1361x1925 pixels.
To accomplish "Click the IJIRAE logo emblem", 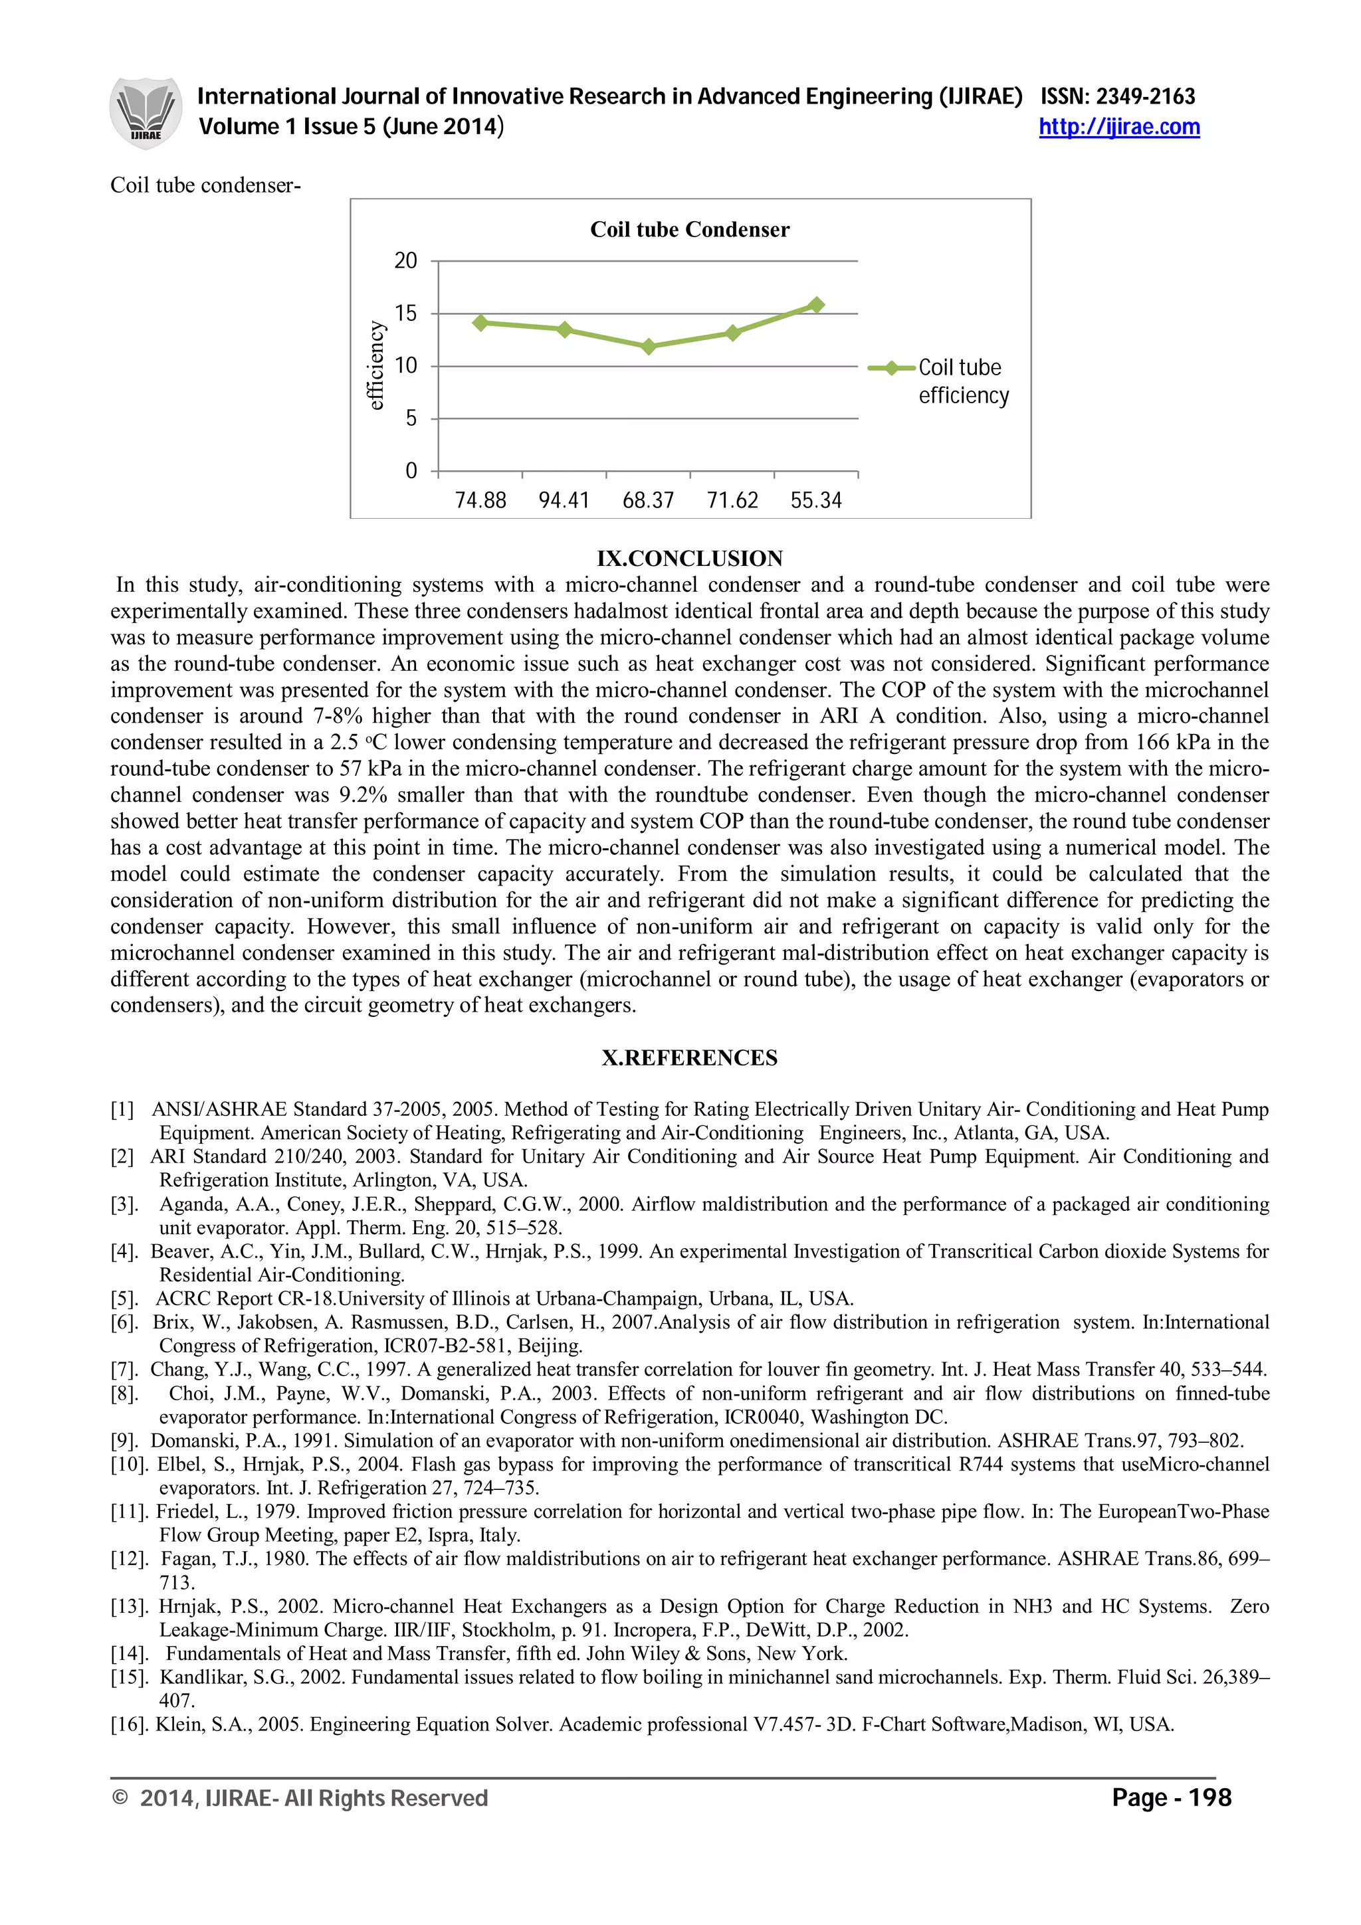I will (145, 113).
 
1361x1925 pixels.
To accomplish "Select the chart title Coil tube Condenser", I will (689, 230).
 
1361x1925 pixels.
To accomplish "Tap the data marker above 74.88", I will (480, 323).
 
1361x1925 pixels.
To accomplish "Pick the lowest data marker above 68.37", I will (648, 346).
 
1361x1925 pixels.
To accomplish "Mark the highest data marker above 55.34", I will (816, 305).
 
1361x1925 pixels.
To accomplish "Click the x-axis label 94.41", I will (564, 501).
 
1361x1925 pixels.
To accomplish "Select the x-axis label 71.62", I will (732, 501).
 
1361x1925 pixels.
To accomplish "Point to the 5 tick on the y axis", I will (410, 418).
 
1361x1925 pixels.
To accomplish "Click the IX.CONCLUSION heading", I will (689, 559).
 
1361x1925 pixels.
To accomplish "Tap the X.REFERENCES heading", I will (689, 1058).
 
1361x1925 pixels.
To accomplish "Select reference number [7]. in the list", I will (125, 1370).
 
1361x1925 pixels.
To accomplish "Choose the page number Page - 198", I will (1171, 1797).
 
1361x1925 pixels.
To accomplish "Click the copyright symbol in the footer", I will (120, 1797).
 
